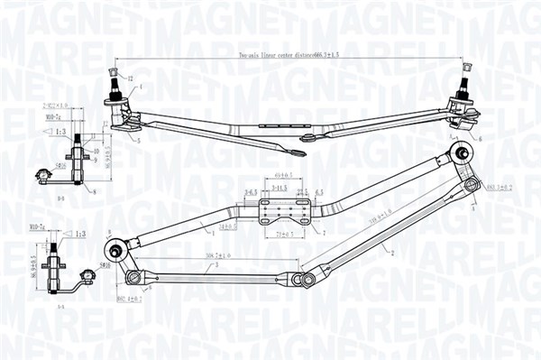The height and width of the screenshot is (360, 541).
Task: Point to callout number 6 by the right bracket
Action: click(x=481, y=138)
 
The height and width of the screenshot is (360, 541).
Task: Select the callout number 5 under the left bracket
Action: click(x=140, y=141)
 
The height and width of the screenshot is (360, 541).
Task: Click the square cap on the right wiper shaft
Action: click(x=467, y=69)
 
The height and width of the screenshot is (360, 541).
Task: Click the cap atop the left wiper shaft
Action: click(x=115, y=70)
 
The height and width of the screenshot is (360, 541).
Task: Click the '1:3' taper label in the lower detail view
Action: click(x=80, y=234)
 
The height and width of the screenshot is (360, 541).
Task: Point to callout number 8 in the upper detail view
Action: click(x=95, y=191)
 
